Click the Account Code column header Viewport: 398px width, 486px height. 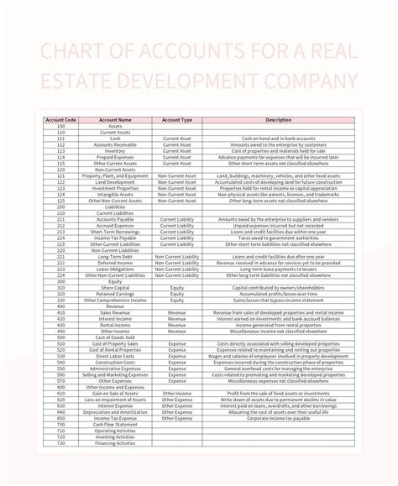(x=60, y=120)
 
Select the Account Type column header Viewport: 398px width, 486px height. (x=176, y=120)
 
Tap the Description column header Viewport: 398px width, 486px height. (x=278, y=120)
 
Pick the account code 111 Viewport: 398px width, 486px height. (x=60, y=138)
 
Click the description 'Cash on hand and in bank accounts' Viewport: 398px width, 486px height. (x=278, y=138)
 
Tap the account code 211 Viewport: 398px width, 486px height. (x=60, y=219)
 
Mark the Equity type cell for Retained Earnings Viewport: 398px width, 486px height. (x=176, y=294)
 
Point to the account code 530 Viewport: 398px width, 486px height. (x=60, y=356)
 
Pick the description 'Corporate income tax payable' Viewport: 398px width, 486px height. (x=278, y=418)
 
